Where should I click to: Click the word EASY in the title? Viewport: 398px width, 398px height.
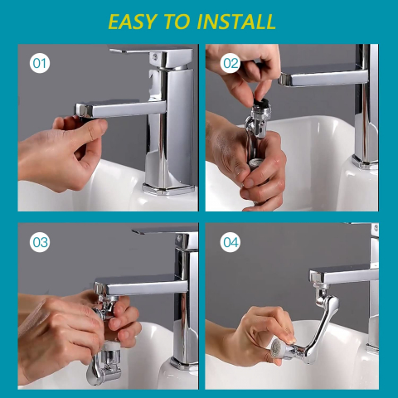133,22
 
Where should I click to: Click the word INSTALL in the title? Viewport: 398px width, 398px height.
236,22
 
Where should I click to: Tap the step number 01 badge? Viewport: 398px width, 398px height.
40,63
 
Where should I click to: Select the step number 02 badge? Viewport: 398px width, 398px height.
231,63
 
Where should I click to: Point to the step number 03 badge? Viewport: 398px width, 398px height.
40,242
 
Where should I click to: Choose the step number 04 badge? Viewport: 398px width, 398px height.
231,242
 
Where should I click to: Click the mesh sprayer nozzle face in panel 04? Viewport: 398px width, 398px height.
276,348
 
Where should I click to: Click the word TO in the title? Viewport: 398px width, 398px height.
177,22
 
